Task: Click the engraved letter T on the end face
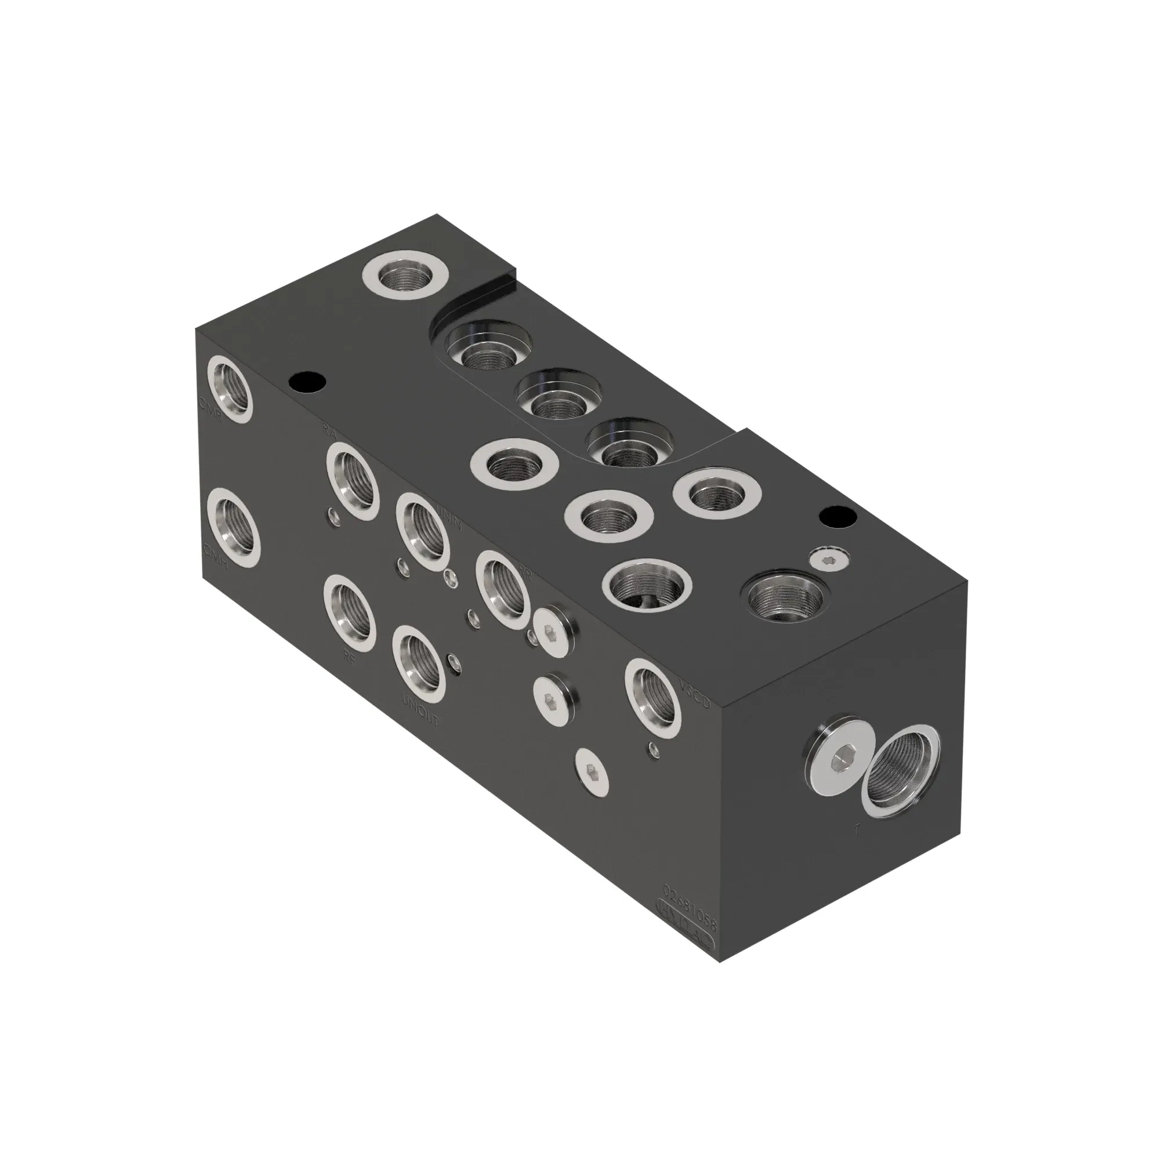pos(857,832)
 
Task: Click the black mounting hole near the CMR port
pos(307,380)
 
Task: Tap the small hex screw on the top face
pos(828,560)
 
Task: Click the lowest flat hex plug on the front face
pos(593,767)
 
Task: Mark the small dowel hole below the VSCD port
pos(652,748)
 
